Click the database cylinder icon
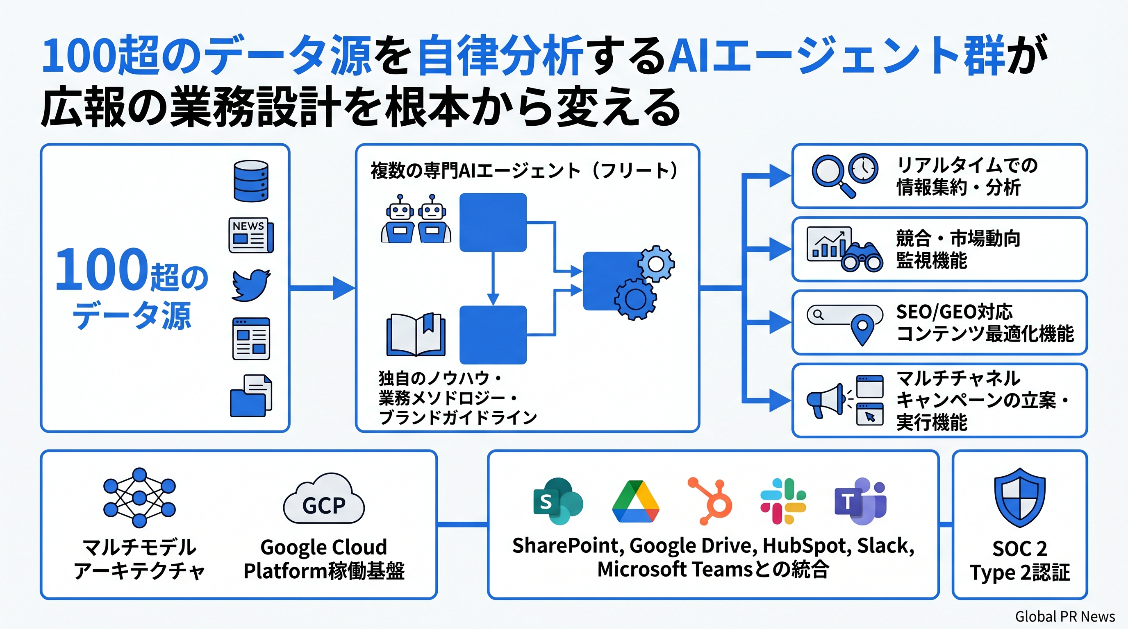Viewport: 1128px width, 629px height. [250, 181]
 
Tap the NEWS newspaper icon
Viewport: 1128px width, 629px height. [250, 235]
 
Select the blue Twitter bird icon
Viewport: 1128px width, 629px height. [250, 285]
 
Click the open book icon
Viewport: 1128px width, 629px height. [416, 335]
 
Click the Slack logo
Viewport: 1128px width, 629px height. [783, 501]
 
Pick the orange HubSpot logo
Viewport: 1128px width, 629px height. [710, 501]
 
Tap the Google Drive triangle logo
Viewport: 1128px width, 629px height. [635, 502]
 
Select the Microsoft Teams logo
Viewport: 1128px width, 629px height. [860, 501]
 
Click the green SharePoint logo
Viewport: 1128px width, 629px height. [557, 501]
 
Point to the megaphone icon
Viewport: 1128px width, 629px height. [826, 400]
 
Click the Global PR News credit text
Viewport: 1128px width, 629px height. [1064, 616]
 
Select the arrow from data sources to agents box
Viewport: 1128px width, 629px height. [322, 287]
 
